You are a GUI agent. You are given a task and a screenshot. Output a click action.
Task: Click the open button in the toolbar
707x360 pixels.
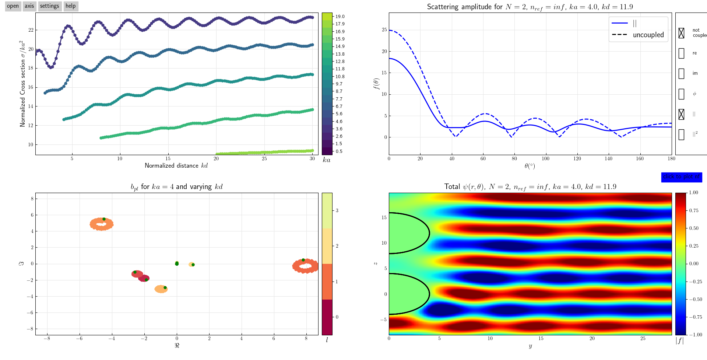point(13,6)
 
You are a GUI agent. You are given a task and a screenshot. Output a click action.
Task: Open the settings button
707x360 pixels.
point(49,6)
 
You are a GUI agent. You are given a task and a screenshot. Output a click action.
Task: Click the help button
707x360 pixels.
point(70,6)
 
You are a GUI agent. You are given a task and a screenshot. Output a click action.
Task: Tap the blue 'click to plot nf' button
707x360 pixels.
point(681,177)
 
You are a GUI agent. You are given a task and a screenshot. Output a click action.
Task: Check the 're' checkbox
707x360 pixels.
point(681,53)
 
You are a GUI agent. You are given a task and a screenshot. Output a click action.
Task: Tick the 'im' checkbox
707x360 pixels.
point(681,74)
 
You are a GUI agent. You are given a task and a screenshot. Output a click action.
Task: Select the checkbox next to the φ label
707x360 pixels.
point(681,94)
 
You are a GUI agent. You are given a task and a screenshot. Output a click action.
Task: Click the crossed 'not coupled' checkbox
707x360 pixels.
point(681,33)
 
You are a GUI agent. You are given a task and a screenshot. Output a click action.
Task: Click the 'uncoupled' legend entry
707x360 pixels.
point(648,35)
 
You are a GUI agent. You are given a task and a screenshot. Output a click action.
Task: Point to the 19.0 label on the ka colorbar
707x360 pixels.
point(340,17)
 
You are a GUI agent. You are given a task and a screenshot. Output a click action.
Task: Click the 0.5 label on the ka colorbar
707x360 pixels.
point(339,151)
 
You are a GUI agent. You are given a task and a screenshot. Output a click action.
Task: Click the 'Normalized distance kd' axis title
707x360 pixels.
point(176,166)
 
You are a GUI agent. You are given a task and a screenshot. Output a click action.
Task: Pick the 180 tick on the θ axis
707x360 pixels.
point(671,159)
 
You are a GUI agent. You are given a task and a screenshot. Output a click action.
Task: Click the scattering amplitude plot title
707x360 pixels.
point(530,7)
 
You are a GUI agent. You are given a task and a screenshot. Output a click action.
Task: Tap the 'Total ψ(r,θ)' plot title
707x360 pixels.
point(530,187)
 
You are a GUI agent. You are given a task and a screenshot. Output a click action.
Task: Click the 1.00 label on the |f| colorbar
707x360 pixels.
point(693,193)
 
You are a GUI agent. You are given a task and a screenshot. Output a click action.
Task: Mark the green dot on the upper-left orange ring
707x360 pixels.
point(104,219)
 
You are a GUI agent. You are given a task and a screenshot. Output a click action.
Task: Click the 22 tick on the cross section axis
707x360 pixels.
point(31,30)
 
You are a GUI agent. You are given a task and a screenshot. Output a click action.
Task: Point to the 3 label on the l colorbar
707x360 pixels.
point(337,211)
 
